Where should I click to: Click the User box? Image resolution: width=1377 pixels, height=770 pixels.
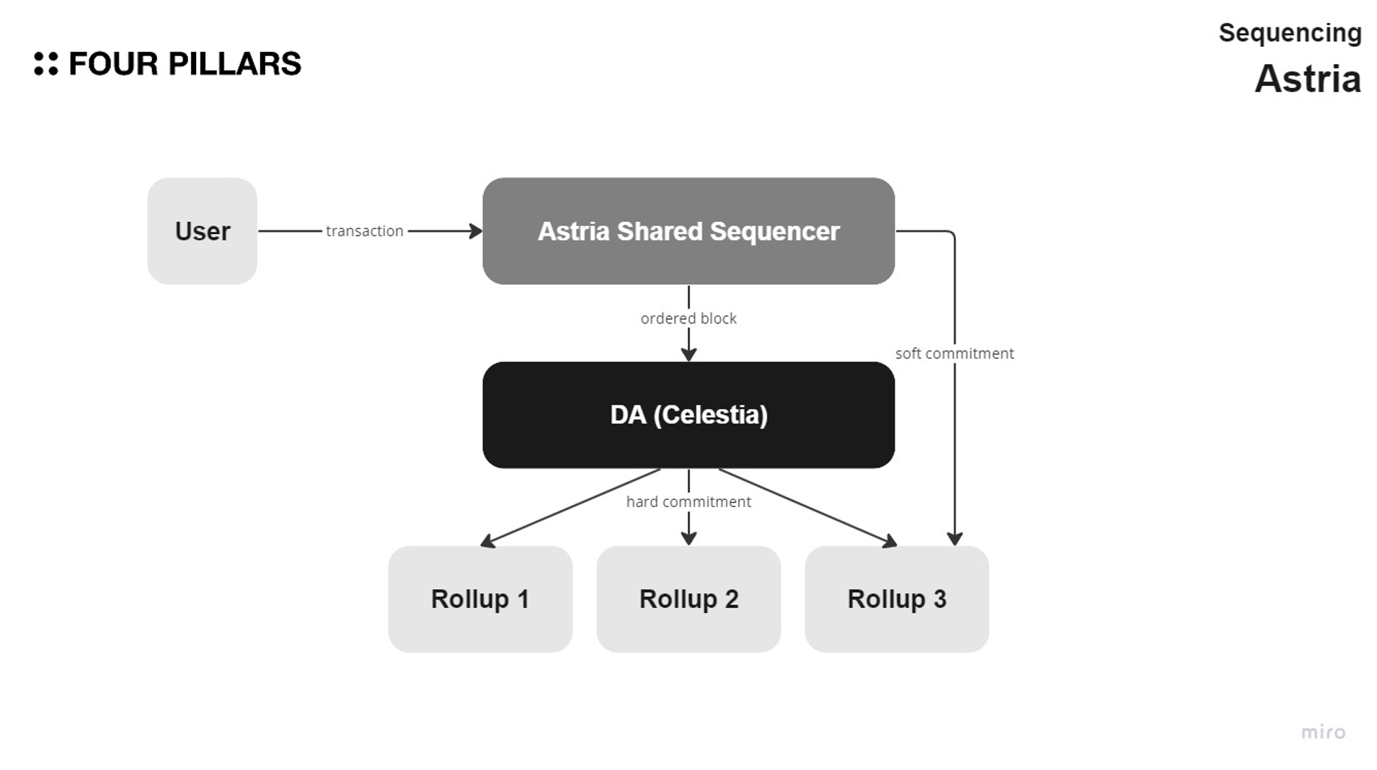[202, 231]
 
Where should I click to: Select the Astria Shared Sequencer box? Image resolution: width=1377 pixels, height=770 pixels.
[688, 231]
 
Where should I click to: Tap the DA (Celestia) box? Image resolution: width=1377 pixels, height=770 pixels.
[688, 415]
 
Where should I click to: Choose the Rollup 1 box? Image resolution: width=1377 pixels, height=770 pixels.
[480, 599]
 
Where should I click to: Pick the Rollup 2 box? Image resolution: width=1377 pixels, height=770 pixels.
[688, 599]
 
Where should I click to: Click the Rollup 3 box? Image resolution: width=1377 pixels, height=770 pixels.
[897, 599]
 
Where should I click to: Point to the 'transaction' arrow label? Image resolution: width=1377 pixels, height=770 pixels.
[364, 231]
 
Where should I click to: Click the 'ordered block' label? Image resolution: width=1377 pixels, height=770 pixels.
[688, 318]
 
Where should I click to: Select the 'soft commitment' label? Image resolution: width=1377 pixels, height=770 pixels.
[955, 354]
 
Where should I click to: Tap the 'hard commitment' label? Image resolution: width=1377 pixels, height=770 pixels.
[688, 502]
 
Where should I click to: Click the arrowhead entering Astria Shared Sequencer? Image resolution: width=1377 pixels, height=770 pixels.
[476, 231]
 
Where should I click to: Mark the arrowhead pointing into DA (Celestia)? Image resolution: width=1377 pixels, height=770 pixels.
[688, 354]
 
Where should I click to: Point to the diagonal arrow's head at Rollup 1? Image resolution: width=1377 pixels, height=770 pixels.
[487, 542]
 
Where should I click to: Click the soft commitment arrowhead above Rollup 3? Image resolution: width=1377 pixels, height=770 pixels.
[955, 539]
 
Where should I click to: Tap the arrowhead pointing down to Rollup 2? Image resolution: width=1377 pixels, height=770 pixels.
[688, 538]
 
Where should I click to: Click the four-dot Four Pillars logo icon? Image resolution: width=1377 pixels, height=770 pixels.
[45, 63]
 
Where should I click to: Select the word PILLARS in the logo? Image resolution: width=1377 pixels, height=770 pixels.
[234, 64]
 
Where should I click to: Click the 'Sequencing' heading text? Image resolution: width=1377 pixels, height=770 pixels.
[1290, 33]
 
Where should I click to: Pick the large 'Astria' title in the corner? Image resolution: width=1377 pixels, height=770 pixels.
[1307, 79]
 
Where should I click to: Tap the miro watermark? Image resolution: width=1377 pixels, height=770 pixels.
[1323, 733]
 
